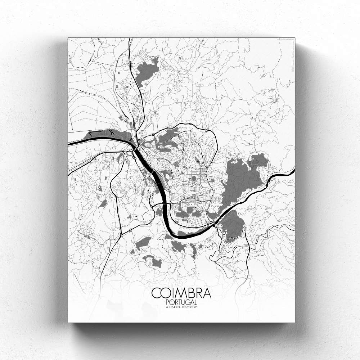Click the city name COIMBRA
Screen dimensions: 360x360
click(x=181, y=293)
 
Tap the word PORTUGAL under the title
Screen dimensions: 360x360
click(x=181, y=302)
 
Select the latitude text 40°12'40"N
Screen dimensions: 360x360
click(x=173, y=307)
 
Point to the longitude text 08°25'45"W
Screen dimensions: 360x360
click(x=190, y=307)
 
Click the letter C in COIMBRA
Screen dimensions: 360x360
click(x=156, y=293)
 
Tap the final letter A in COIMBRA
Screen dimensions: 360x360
click(x=207, y=293)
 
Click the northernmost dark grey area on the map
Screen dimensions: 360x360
click(x=146, y=70)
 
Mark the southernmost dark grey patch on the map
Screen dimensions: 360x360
click(x=153, y=261)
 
